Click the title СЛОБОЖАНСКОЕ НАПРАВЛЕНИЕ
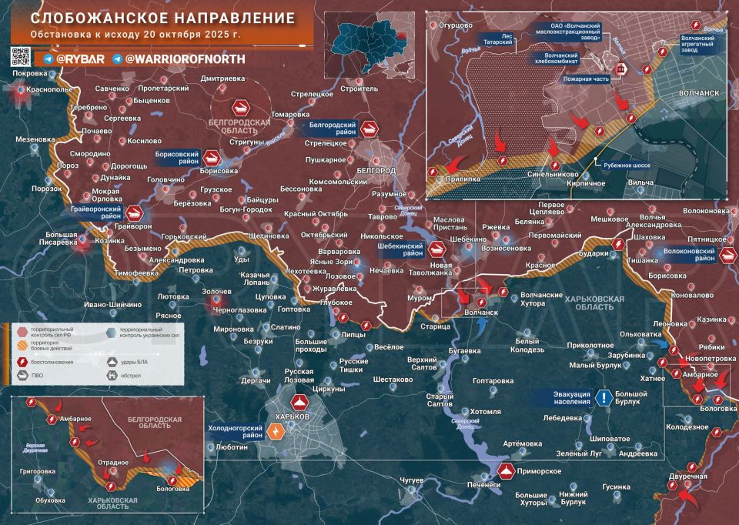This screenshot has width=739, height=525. coord(152,18)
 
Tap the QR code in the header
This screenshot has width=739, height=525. coord(21,56)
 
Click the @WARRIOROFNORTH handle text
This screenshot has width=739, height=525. coord(184,59)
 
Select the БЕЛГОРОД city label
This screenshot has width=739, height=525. coord(376,169)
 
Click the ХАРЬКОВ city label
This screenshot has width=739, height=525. coord(292,416)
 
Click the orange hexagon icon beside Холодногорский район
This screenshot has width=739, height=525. coord(276,431)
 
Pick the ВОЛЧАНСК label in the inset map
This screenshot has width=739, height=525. coord(699,92)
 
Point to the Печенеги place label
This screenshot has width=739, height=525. coord(484,485)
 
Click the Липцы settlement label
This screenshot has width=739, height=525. coord(353,335)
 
